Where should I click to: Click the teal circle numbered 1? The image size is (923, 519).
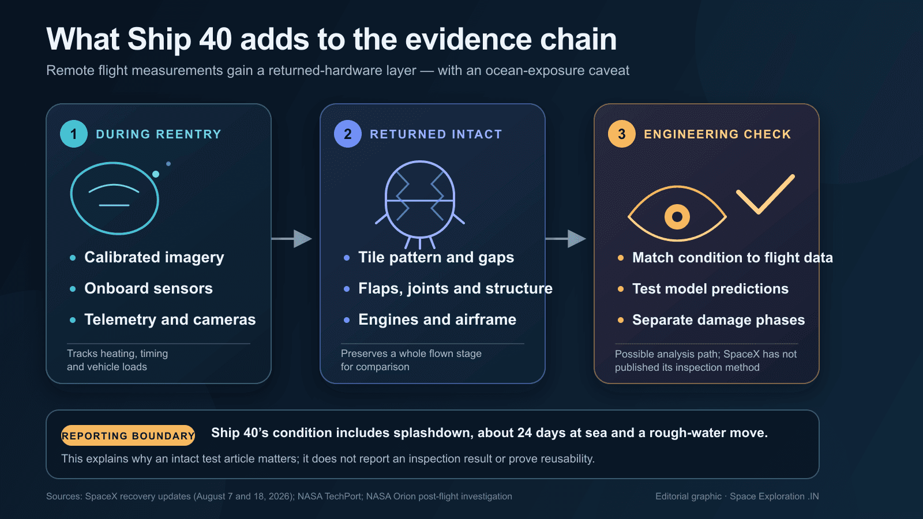(x=74, y=134)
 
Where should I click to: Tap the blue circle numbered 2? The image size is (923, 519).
(x=348, y=134)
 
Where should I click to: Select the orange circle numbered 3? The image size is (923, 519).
(x=622, y=134)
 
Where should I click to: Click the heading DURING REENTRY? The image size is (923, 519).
(x=159, y=134)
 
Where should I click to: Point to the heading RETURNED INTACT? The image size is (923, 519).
(x=436, y=134)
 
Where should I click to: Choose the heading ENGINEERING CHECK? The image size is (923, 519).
(x=718, y=134)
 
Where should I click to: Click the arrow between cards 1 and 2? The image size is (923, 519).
(x=291, y=239)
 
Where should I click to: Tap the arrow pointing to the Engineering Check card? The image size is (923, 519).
(x=565, y=239)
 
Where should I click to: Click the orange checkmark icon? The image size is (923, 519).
(x=766, y=194)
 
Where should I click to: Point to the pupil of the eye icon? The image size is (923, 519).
(x=677, y=217)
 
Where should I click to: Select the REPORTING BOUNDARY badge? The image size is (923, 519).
(x=128, y=435)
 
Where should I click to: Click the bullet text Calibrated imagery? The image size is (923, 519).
(x=154, y=257)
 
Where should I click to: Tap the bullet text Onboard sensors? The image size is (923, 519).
(x=148, y=288)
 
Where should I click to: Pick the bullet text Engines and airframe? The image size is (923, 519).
(x=437, y=319)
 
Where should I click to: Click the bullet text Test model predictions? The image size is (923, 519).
(x=710, y=289)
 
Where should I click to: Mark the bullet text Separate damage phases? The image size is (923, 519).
(x=719, y=320)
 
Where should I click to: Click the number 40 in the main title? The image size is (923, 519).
(x=216, y=40)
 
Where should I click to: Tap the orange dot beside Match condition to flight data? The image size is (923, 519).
(x=621, y=258)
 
